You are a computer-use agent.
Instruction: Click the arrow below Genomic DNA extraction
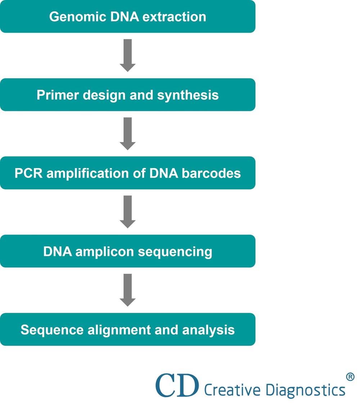pos(127,55)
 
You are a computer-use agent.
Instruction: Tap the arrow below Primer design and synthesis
pos(127,133)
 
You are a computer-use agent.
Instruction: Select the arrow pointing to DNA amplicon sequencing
pos(127,212)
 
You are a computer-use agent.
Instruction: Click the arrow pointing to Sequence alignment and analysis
pos(127,290)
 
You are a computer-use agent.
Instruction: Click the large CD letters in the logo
pos(177,385)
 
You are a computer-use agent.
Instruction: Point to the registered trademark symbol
pos(350,377)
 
